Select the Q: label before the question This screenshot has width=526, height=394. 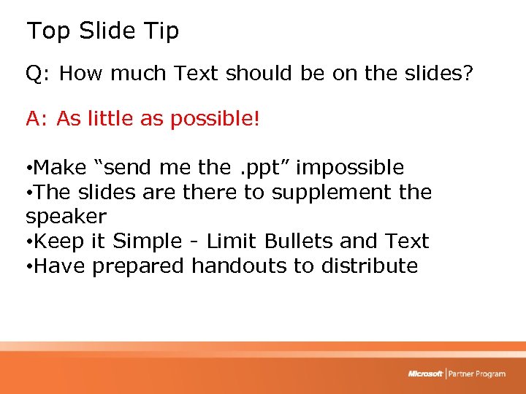point(38,74)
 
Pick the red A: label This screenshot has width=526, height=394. point(38,119)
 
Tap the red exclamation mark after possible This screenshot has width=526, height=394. point(256,119)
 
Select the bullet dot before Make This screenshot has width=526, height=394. point(28,169)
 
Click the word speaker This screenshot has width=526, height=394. point(66,217)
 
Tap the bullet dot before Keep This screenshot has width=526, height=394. point(28,242)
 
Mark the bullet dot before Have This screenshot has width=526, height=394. point(28,267)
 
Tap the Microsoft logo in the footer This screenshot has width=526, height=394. point(425,374)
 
